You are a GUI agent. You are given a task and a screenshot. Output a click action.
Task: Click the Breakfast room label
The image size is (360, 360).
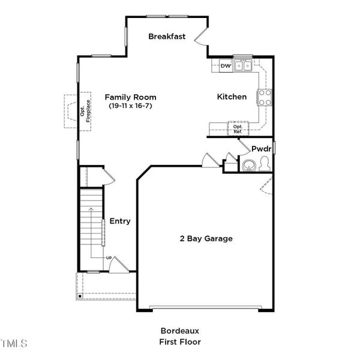point(167,36)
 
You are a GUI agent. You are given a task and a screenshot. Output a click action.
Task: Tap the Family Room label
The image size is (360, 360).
point(130,97)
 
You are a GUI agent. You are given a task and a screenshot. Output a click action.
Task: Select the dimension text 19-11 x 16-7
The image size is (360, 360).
point(130,106)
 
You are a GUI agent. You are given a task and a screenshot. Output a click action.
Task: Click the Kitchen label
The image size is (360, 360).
point(232,97)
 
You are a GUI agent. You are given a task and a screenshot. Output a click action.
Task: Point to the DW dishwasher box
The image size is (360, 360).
point(226,66)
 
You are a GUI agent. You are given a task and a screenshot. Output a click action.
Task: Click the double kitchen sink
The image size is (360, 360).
point(243,66)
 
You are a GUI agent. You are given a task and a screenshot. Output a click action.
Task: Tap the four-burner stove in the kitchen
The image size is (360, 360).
point(265,97)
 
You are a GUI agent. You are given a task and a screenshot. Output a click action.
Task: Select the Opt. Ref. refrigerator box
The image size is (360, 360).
point(238,129)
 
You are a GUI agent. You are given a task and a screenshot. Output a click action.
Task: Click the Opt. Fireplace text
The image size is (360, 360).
point(85,111)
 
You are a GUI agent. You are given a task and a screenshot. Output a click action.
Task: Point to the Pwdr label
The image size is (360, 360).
point(262,149)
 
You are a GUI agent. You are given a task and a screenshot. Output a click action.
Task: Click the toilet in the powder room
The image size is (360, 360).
point(265,163)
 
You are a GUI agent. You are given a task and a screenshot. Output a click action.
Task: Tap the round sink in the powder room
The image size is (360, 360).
point(248,166)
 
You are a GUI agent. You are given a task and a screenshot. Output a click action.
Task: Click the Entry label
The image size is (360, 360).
point(120,221)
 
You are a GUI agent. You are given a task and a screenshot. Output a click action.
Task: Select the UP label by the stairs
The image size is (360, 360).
point(109,258)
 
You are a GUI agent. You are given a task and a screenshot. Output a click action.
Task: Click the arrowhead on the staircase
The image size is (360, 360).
point(91,209)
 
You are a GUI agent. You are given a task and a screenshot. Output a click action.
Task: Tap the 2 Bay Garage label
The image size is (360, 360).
point(206,239)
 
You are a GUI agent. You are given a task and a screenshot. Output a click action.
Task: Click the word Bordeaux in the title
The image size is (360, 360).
point(180,331)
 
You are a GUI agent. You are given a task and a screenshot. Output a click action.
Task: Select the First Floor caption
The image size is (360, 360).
point(180,342)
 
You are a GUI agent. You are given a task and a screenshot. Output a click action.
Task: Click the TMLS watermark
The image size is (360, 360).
point(13,343)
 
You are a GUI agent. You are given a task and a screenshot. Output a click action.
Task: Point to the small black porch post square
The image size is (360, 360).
point(80,296)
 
